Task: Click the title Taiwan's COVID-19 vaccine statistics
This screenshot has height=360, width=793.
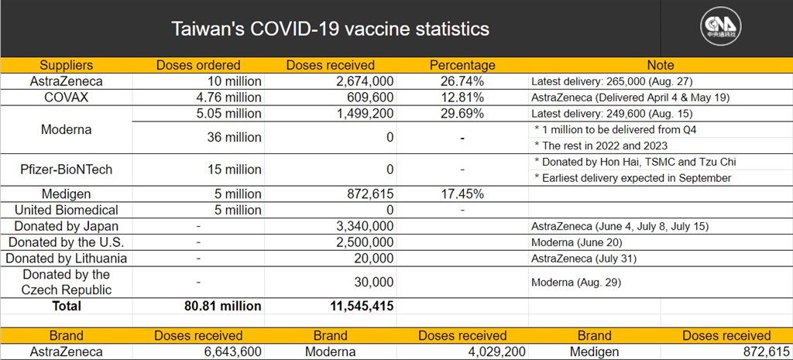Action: click(330, 29)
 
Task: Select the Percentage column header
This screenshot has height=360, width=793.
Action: click(462, 65)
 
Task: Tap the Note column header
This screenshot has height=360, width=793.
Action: click(661, 65)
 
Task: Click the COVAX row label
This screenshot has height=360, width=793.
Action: click(67, 97)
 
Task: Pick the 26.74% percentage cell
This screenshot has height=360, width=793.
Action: click(462, 81)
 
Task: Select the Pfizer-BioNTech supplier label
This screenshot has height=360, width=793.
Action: click(67, 170)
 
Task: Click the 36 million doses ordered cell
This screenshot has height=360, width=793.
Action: click(234, 137)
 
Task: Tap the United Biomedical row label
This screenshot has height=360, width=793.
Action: click(67, 210)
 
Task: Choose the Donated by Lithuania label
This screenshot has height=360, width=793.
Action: click(67, 259)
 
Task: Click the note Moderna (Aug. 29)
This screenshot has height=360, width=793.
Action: click(576, 283)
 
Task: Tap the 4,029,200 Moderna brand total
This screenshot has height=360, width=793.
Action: click(493, 352)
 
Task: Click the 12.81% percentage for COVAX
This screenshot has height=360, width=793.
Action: click(462, 97)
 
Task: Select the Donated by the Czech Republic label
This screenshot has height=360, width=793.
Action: click(67, 282)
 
